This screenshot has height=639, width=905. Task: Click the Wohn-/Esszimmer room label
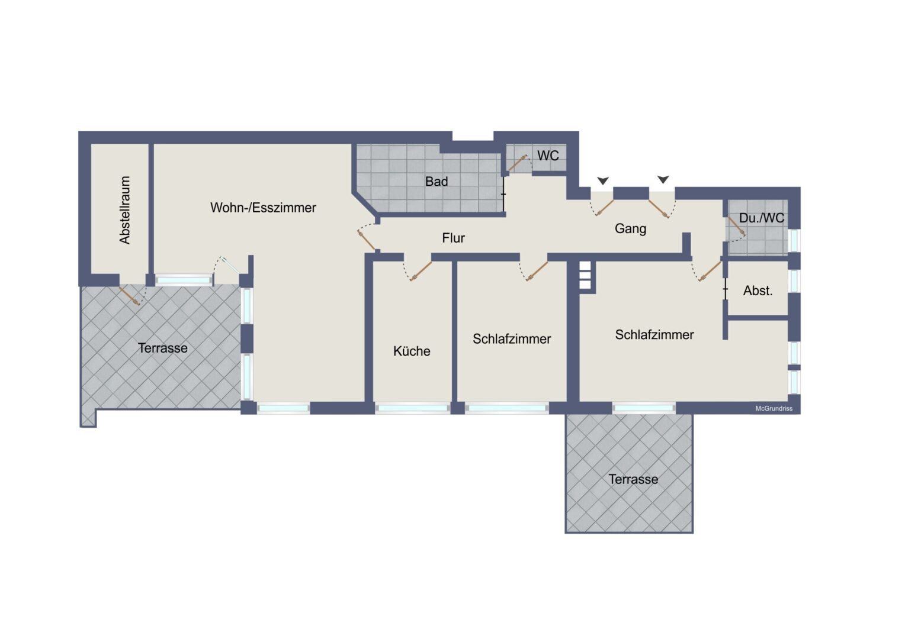263,208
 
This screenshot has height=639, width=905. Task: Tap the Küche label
412,351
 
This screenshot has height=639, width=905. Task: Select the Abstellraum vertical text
124,210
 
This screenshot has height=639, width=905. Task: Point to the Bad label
437,182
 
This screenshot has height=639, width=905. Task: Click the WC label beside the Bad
548,156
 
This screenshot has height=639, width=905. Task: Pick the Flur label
453,238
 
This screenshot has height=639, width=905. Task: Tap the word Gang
630,228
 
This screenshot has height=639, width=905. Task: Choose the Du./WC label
762,218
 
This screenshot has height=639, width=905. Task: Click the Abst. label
758,291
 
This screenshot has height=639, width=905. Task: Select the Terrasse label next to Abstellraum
163,348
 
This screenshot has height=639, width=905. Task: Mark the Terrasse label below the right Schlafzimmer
633,479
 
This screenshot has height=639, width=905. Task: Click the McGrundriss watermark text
774,409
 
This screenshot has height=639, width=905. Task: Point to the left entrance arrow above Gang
603,180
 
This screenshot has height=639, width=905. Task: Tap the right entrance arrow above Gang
663,179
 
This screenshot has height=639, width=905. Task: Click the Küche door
420,270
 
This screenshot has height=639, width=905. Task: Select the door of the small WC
517,163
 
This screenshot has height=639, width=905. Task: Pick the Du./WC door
736,226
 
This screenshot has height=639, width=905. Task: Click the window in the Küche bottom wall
412,408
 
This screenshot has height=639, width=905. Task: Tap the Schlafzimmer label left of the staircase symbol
512,339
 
